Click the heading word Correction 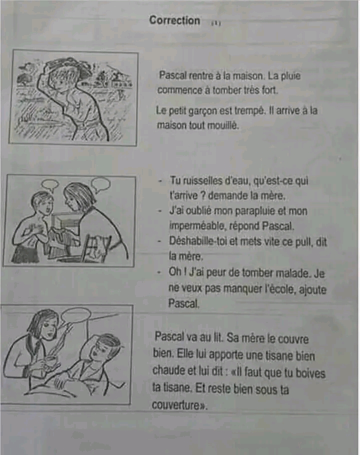(x=174, y=20)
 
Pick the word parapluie (x=254, y=211)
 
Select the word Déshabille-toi (x=197, y=241)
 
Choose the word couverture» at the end (x=179, y=405)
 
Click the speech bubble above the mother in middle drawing (x=100, y=184)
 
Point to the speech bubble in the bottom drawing (x=76, y=315)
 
